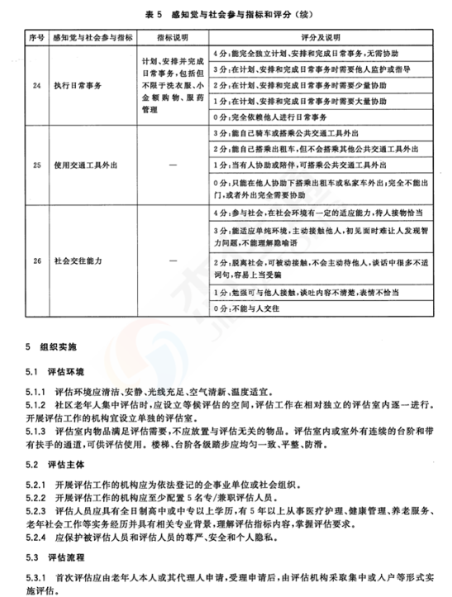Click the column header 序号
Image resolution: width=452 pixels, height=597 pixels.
point(32,37)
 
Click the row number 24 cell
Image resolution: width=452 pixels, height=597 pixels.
point(32,84)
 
